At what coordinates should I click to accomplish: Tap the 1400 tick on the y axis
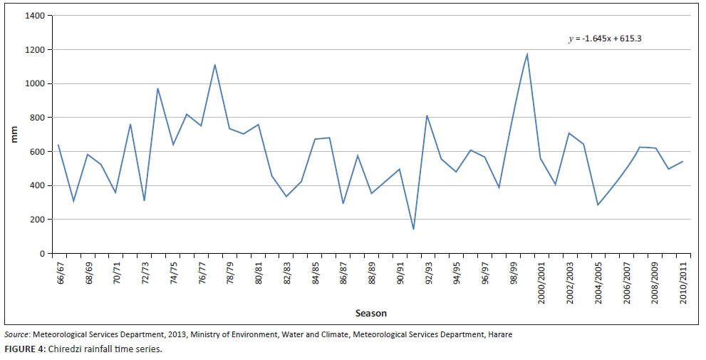(x=34, y=16)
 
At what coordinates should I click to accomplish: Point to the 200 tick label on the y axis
(x=36, y=220)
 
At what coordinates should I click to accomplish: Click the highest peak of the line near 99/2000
(x=527, y=54)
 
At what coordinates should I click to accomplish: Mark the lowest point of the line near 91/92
(x=413, y=229)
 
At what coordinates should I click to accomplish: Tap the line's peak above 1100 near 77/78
(x=214, y=65)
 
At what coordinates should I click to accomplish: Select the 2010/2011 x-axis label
(x=683, y=284)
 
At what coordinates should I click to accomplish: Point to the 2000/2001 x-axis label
(x=541, y=284)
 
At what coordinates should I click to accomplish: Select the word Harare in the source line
(x=499, y=334)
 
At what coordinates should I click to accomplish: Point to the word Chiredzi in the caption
(x=64, y=349)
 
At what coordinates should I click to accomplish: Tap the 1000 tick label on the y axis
(x=34, y=83)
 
